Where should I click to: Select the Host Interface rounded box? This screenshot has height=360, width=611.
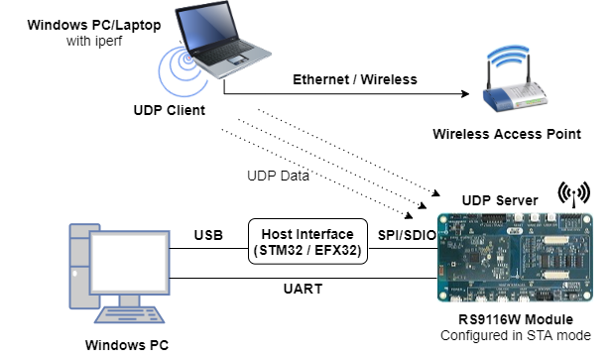tap(307, 241)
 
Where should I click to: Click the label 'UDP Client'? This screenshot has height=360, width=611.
tap(170, 109)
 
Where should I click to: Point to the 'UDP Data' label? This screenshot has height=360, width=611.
tap(279, 176)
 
